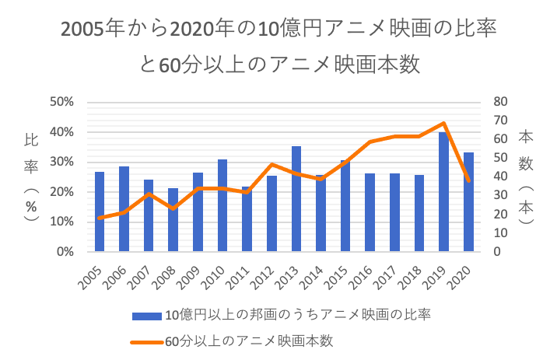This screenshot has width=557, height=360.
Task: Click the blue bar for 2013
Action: click(296, 199)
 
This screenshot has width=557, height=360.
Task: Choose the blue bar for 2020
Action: click(468, 202)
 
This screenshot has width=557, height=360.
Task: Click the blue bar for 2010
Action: click(222, 205)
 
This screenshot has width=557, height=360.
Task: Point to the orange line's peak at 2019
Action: click(443, 123)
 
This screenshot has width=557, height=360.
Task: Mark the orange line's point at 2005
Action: click(100, 218)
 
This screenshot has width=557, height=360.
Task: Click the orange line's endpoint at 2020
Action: click(468, 181)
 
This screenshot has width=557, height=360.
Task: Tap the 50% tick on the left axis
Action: click(62, 102)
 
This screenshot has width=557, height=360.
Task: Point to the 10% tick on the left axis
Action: click(62, 222)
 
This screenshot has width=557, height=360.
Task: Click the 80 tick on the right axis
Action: click(499, 102)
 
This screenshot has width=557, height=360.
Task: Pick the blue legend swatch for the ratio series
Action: click(146, 315)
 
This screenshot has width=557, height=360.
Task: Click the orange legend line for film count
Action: click(146, 340)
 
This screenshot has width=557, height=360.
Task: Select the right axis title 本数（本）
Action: click(526, 177)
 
